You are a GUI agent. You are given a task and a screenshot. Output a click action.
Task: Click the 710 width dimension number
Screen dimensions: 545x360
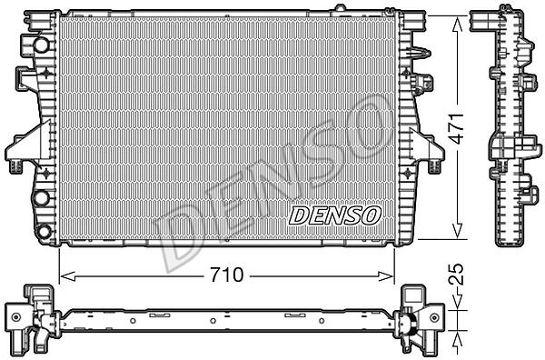[227, 275]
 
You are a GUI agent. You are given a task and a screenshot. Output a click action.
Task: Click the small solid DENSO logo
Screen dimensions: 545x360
[334, 215]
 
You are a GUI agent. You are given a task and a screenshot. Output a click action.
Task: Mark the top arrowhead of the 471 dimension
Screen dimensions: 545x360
[457, 24]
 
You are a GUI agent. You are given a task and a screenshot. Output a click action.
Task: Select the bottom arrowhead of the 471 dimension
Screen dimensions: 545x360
[457, 231]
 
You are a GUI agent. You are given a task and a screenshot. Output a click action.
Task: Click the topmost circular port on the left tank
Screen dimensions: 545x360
[41, 45]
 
